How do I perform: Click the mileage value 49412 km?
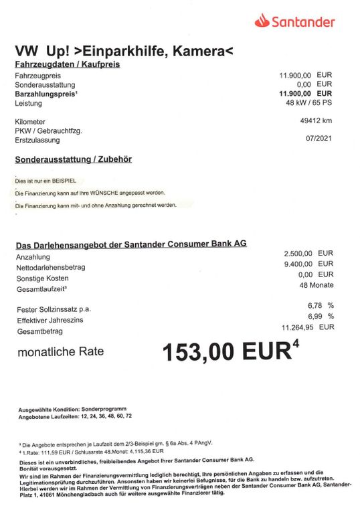click(x=317, y=120)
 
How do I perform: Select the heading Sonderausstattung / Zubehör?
click(x=73, y=159)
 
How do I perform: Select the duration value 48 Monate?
click(x=317, y=285)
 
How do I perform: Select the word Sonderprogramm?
click(x=103, y=408)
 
